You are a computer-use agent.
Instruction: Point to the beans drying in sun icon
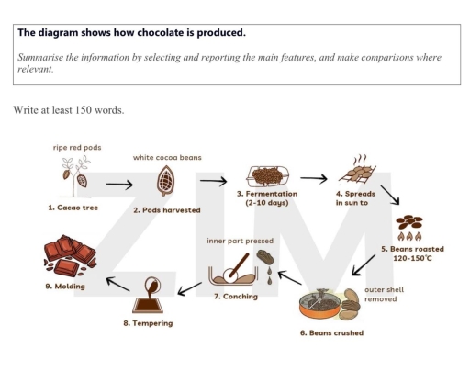coord(356,168)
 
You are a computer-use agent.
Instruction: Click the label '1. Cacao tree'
coord(73,208)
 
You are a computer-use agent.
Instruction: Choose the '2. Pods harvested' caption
coord(166,210)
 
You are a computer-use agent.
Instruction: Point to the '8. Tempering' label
coord(148,323)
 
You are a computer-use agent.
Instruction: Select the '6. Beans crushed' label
coord(331,332)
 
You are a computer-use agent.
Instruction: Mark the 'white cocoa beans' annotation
coord(167,157)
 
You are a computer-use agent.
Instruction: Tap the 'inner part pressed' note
coord(239,241)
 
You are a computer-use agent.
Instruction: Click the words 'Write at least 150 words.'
coord(68,110)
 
